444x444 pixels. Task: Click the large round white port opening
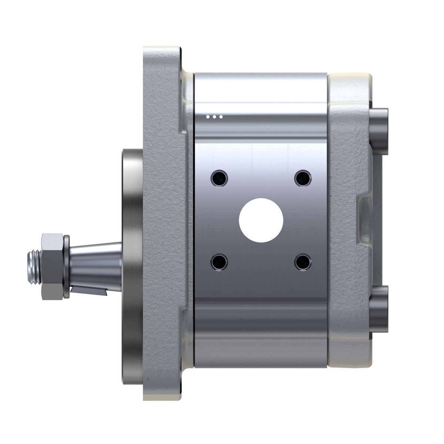coord(261,221)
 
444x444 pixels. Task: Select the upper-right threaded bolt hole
coord(303,178)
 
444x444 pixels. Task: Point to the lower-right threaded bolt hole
coord(303,262)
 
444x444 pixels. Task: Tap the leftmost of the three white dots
coord(208,117)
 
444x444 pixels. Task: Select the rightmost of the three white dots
coord(221,117)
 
